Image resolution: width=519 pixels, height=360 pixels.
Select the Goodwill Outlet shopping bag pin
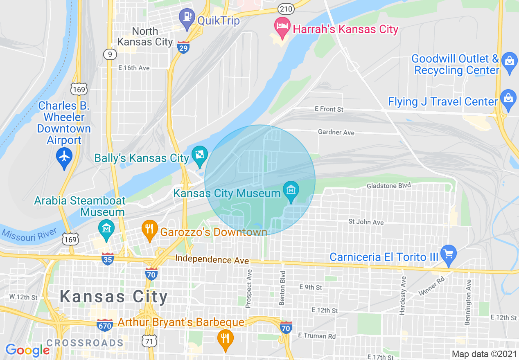(509, 61)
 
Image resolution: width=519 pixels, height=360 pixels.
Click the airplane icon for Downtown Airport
(65, 157)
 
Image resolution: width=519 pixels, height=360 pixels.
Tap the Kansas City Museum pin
(291, 191)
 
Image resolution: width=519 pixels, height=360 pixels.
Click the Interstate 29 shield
(183, 47)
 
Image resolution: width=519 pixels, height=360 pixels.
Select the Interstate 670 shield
(105, 325)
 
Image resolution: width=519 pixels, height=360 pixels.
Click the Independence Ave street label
(212, 260)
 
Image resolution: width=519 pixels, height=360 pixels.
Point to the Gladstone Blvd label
(388, 185)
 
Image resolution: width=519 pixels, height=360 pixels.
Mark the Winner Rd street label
(431, 287)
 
